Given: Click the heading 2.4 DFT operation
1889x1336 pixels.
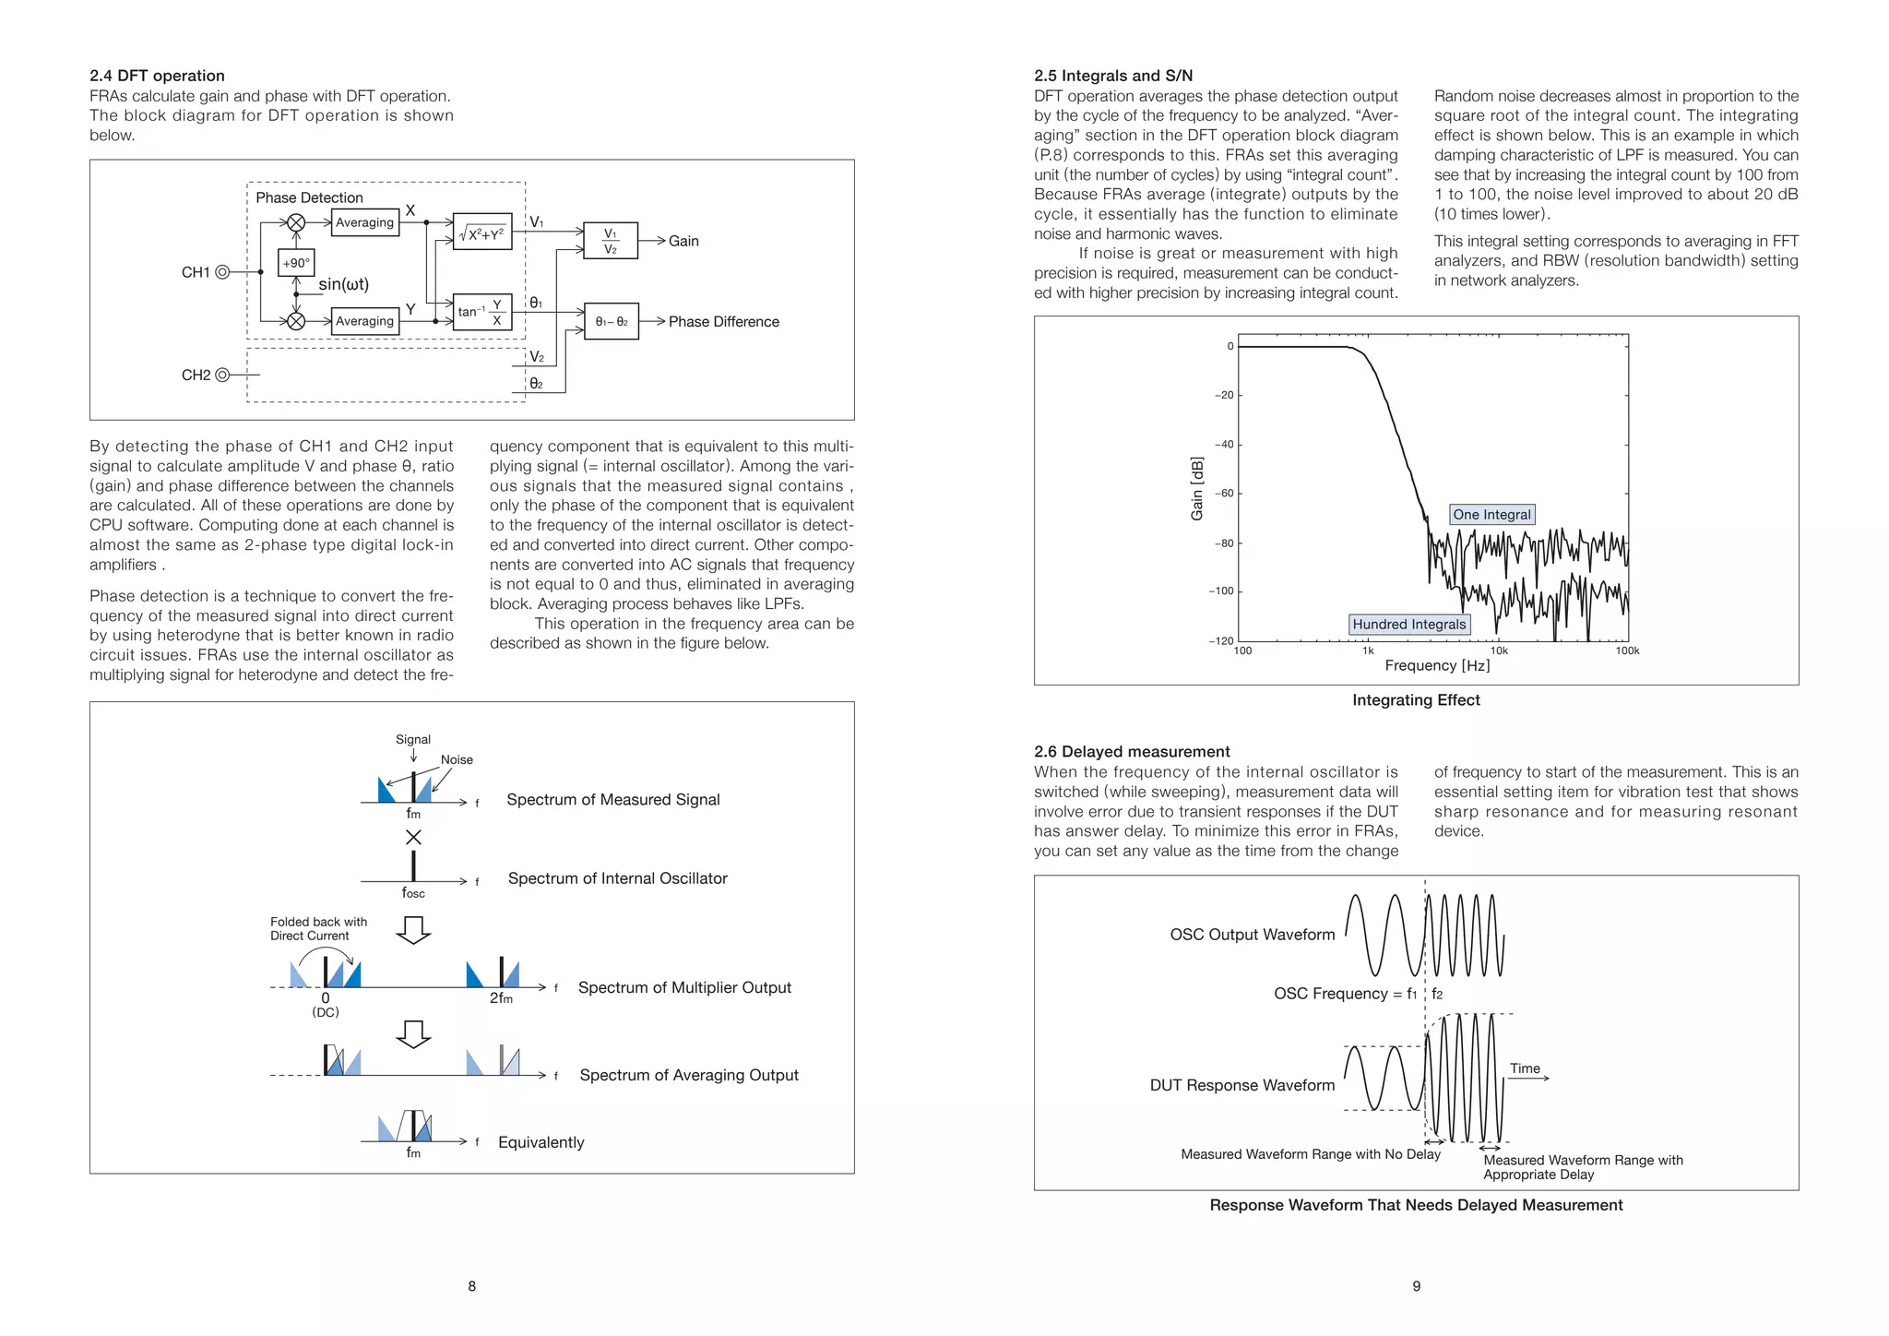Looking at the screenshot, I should (157, 76).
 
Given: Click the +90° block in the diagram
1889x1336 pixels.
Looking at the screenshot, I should (296, 263).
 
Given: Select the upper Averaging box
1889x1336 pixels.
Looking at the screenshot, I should (364, 222).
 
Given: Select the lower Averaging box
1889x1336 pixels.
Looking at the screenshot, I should (364, 321).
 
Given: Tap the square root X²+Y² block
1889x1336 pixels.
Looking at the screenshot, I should (482, 233).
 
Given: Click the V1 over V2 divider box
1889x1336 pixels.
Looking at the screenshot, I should (611, 241).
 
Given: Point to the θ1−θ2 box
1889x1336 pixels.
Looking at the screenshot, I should (612, 321).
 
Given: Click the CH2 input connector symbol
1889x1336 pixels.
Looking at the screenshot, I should (222, 375).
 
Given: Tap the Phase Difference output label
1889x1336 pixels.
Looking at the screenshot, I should (723, 321).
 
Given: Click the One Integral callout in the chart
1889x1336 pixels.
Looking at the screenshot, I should (1491, 515).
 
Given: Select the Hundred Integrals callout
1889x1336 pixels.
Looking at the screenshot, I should (1408, 625).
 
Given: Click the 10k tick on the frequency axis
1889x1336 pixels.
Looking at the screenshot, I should (1499, 650).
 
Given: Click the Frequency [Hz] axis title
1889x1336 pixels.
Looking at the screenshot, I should (1437, 665).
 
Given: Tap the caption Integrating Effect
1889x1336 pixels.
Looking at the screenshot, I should (1416, 700).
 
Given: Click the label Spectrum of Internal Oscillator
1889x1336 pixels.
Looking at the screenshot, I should (617, 878).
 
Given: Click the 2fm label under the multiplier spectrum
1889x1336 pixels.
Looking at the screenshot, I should (501, 998).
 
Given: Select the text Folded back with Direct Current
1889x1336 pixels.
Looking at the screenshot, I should (318, 928).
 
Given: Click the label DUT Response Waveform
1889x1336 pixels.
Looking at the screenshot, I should (1242, 1085).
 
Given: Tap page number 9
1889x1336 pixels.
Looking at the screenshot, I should (1416, 1286).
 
